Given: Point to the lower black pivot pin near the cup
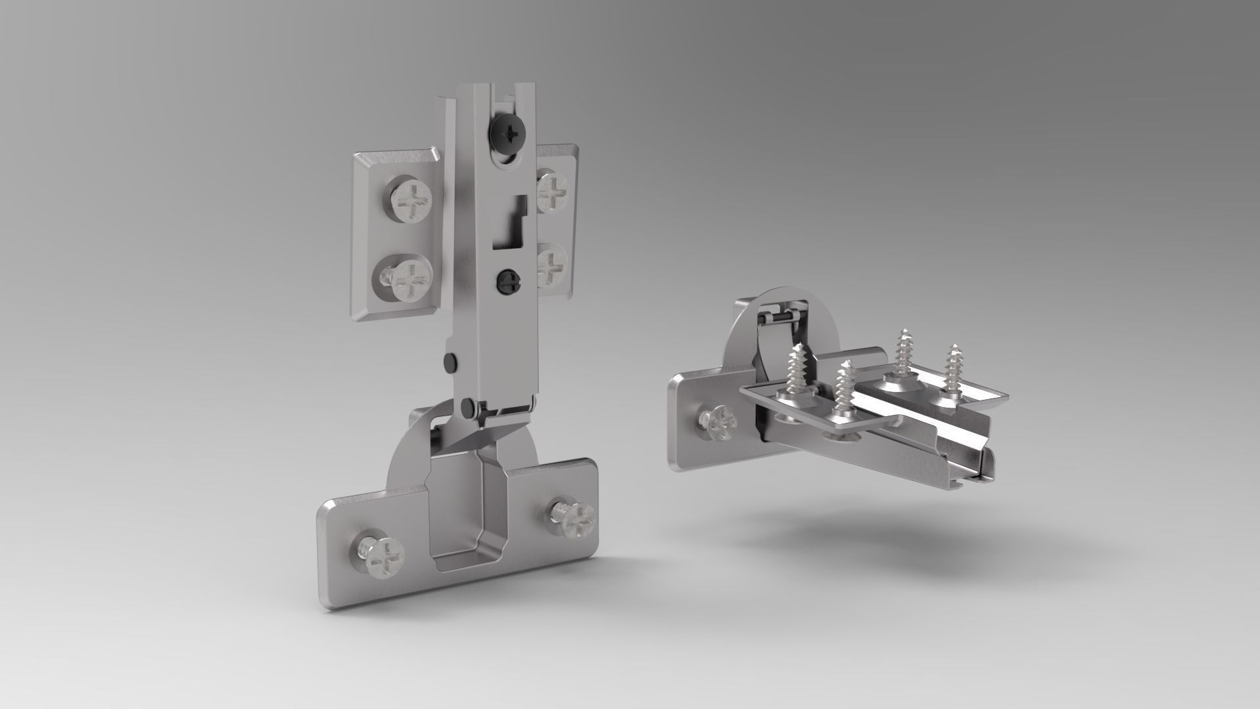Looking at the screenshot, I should (467, 406).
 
